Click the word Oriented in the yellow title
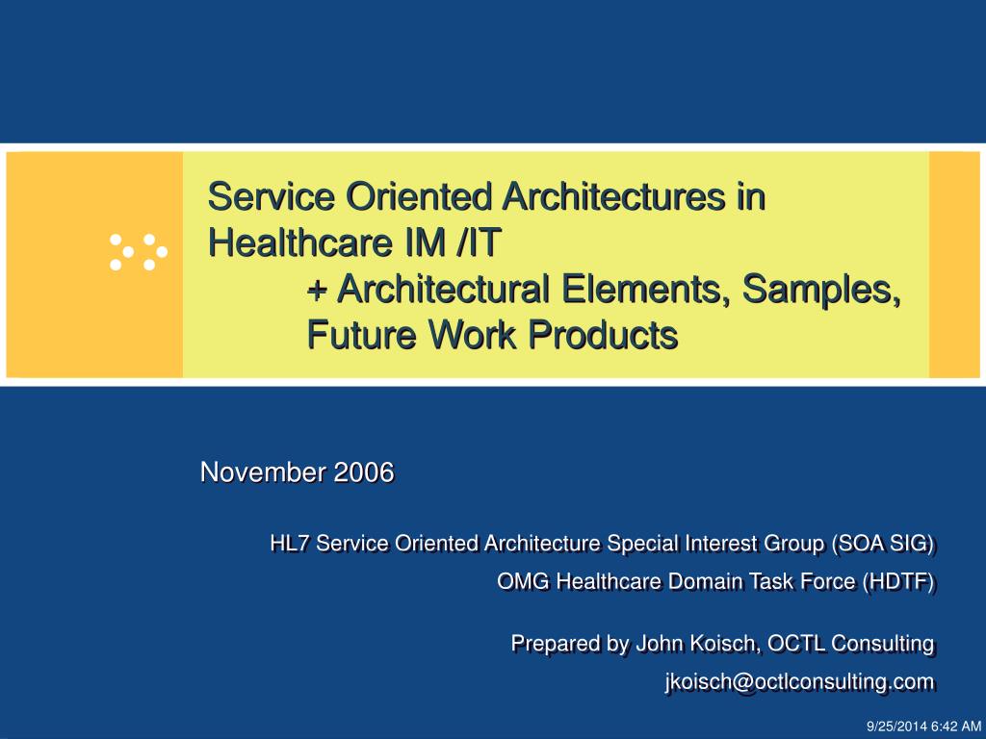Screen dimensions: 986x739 click(419, 196)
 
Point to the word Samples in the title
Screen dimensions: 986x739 click(820, 290)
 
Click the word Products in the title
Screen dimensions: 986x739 click(603, 334)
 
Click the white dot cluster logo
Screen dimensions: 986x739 click(139, 252)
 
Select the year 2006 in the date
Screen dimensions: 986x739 click(363, 471)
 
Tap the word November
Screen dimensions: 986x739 click(264, 471)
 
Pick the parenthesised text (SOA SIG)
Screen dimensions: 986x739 click(883, 544)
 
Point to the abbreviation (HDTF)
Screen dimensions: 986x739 click(898, 582)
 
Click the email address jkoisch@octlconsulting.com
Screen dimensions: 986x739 click(800, 682)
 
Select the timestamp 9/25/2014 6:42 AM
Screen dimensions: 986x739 click(923, 726)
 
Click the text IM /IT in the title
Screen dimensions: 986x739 click(453, 242)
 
